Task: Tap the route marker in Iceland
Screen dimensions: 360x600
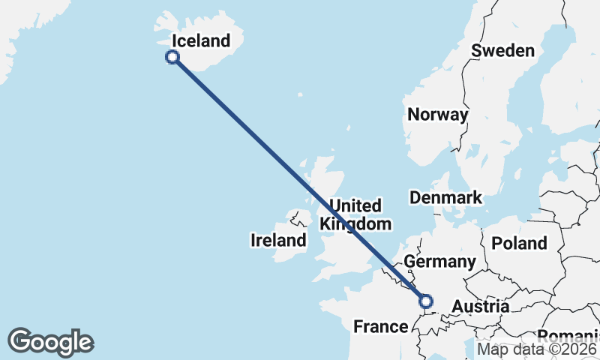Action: click(173, 57)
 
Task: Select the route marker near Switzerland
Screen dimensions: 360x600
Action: click(426, 301)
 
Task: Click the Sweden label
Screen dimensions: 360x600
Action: click(502, 51)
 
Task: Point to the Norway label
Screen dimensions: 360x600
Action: click(437, 115)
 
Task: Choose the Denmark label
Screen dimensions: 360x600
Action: click(445, 198)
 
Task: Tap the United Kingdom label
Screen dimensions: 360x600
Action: click(355, 214)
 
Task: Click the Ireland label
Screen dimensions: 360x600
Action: click(278, 241)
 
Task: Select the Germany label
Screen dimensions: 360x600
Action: click(439, 262)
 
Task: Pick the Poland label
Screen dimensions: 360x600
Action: click(519, 243)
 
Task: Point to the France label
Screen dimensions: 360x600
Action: click(380, 327)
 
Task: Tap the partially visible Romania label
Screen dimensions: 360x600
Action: click(569, 335)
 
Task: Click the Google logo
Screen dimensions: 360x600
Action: click(50, 342)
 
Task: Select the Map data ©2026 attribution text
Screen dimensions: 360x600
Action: click(537, 349)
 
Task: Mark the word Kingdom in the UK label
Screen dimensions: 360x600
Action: click(355, 223)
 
